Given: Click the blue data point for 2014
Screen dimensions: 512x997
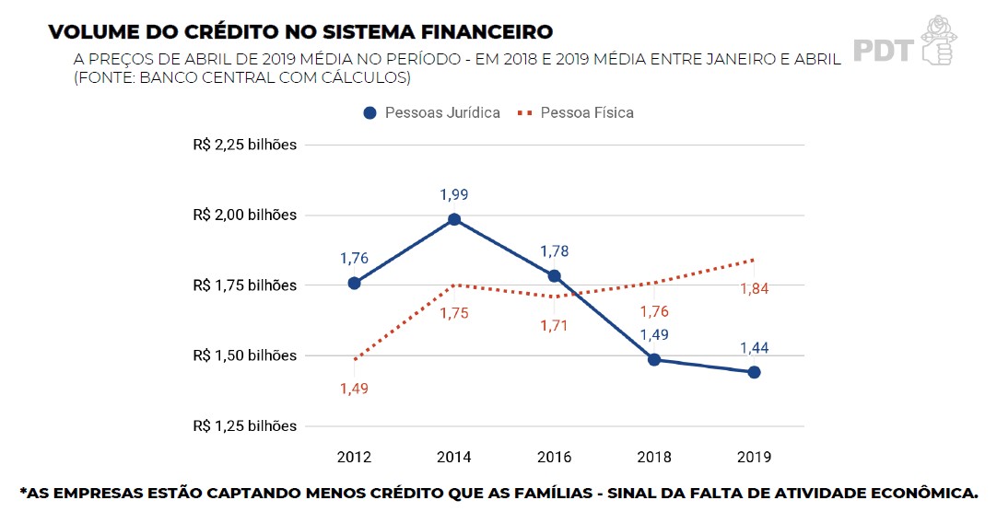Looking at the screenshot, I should pos(454,219).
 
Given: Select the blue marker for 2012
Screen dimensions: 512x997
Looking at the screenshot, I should pos(354,283).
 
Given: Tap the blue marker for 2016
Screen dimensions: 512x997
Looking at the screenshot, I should pos(554,275).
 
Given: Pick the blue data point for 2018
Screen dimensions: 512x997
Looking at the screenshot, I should pos(654,359).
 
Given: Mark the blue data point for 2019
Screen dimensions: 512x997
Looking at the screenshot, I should pos(754,372).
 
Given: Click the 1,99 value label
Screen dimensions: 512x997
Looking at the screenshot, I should pos(454,194).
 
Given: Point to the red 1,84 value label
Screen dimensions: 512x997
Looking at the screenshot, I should pos(754,288).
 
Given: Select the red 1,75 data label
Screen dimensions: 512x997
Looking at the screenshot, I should pos(454,313).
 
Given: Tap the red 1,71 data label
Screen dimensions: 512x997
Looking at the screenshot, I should pos(554,325).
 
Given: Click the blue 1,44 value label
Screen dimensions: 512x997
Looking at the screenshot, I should pos(754,348).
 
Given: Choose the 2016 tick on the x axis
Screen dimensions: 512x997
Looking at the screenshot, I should pos(554,457).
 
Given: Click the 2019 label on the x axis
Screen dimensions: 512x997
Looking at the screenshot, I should pos(754,457).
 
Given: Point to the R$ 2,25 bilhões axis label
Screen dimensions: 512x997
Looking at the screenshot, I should pos(245,145).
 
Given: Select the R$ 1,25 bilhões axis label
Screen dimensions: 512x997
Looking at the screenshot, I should pos(245,425).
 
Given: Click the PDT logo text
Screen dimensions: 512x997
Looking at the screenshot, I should pos(883,49).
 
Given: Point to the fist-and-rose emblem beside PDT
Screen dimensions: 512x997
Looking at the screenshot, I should pos(936,40).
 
